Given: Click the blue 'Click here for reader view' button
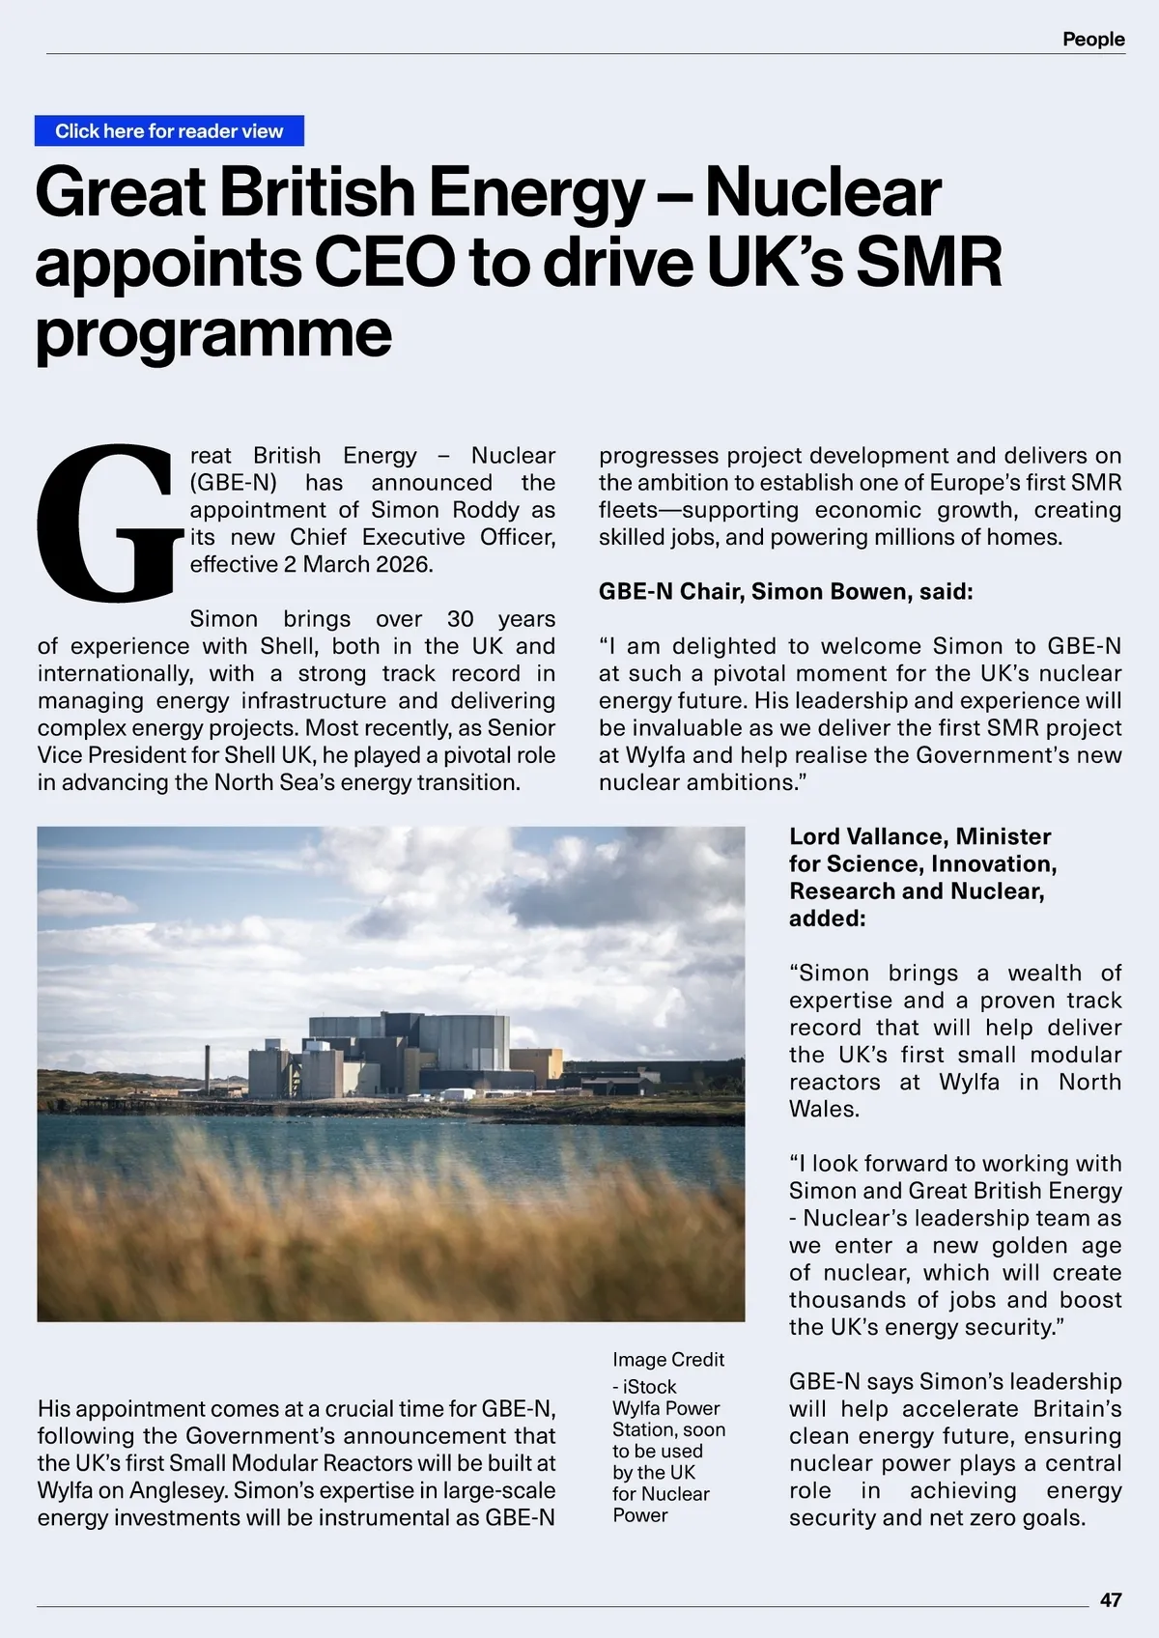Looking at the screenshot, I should pos(169,131).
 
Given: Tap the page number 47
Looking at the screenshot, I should pos(1111,1600).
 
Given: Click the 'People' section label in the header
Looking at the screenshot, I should pos(1093,40).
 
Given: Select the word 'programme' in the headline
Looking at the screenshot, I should pos(213,333).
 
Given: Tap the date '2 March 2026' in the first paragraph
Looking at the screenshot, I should pos(358,564).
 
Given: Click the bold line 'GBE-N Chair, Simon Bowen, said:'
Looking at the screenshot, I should pos(785,591).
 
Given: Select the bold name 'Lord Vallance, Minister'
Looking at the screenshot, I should pos(919,836).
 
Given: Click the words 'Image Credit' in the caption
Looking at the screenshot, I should pos(667,1360).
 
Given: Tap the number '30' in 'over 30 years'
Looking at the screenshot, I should pos(461,619).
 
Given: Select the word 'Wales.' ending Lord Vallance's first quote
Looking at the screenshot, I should pos(824,1109).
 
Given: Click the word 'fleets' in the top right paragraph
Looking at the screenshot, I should pos(628,510).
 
